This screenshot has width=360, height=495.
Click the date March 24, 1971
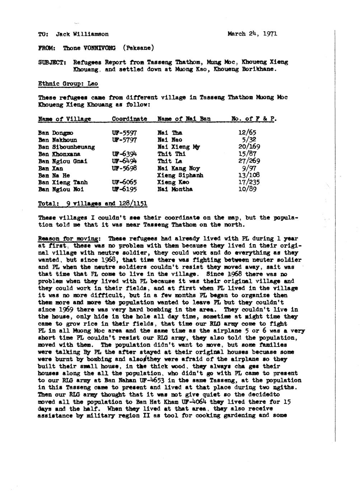coord(252,34)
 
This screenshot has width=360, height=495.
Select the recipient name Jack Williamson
coord(82,34)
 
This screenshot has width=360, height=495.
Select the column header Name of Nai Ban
coord(184,119)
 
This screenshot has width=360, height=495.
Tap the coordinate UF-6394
coord(124,154)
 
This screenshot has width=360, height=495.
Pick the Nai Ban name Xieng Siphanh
coord(180,175)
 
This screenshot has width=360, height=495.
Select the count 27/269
coord(249,161)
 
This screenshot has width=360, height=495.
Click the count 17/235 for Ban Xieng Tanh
coord(249,182)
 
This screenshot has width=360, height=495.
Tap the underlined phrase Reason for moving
coord(69,239)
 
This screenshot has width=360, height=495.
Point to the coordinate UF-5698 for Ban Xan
coord(124,168)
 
